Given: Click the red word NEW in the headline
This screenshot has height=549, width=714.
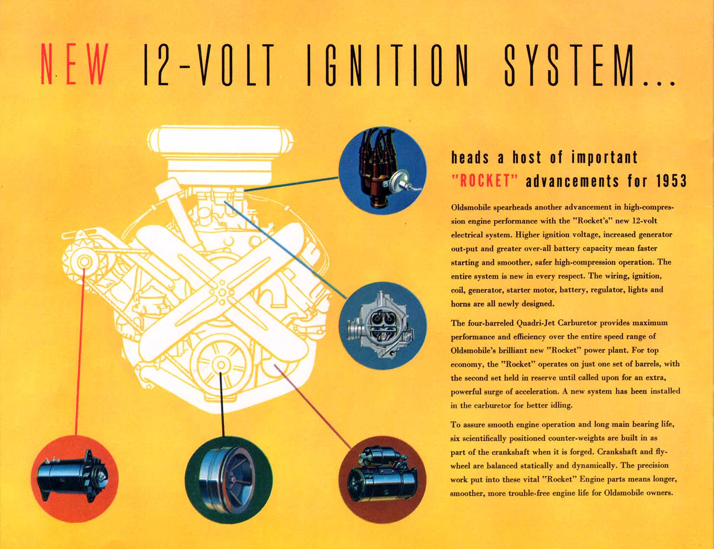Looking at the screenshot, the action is [x=74, y=64].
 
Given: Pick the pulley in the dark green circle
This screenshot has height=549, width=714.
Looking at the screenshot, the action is [x=229, y=480].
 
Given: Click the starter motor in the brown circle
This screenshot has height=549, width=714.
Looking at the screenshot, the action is [x=382, y=475].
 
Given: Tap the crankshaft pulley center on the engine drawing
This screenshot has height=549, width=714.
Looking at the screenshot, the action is [x=221, y=365].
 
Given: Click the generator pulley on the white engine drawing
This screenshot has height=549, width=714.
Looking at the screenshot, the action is [x=84, y=262].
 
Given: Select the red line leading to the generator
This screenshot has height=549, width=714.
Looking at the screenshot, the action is [x=80, y=352].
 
